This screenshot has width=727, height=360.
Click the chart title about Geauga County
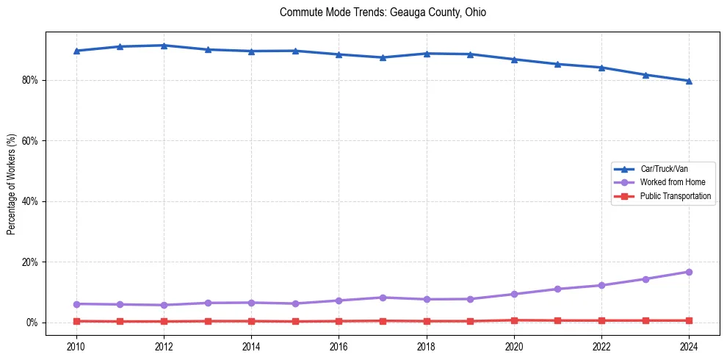tap(383, 12)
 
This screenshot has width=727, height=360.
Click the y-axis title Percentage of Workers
tap(11, 184)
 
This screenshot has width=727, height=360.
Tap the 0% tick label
tap(32, 323)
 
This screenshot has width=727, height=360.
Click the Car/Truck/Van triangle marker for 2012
tap(164, 46)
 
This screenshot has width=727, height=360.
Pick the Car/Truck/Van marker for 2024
tap(689, 81)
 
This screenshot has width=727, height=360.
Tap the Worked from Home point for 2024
tap(689, 272)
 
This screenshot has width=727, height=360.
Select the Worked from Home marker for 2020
tap(514, 294)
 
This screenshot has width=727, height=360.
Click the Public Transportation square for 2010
tap(76, 321)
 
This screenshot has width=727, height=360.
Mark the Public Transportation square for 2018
tap(427, 321)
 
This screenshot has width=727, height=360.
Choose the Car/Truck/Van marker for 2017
tap(383, 57)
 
